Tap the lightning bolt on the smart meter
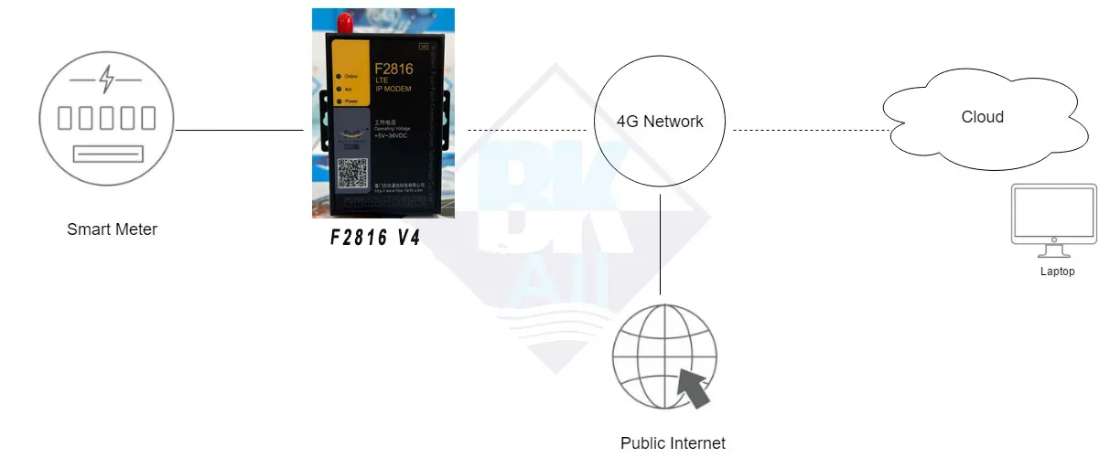pyautogui.click(x=108, y=80)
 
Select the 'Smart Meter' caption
pyautogui.click(x=112, y=229)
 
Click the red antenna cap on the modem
pyautogui.click(x=345, y=19)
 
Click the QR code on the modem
pyautogui.click(x=353, y=173)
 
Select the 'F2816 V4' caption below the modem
pyautogui.click(x=376, y=238)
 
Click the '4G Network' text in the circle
pyautogui.click(x=660, y=121)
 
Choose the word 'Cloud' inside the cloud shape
pyautogui.click(x=982, y=117)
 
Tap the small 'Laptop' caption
pyautogui.click(x=1057, y=272)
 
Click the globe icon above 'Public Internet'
pyautogui.click(x=661, y=358)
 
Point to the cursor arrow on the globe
pyautogui.click(x=693, y=388)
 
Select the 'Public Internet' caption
pyautogui.click(x=673, y=443)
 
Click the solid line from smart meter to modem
pyautogui.click(x=239, y=130)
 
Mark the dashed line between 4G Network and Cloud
pyautogui.click(x=809, y=130)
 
